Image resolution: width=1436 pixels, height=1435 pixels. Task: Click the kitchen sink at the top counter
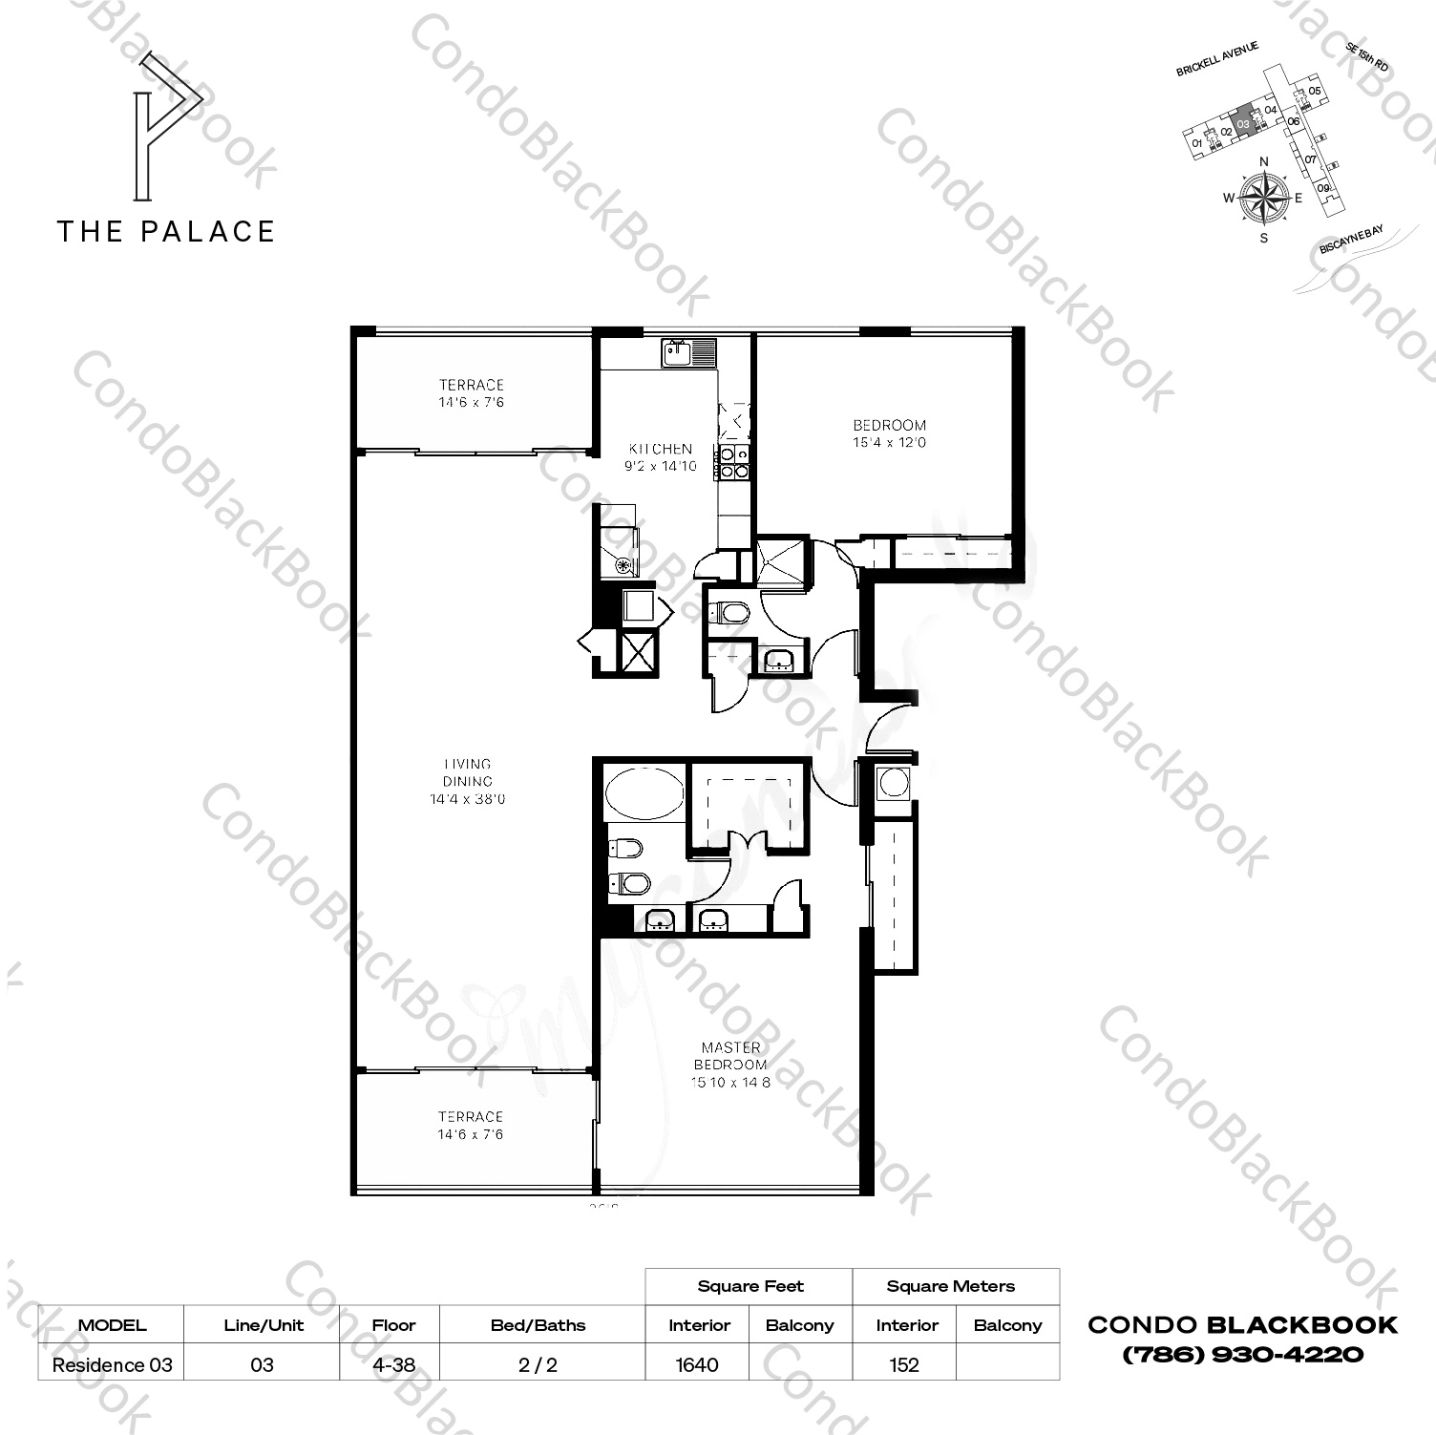point(687,352)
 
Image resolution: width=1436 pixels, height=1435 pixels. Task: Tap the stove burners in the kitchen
point(733,462)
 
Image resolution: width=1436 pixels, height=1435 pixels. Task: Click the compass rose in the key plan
point(1263,199)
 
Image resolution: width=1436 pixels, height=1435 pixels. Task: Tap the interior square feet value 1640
point(697,1364)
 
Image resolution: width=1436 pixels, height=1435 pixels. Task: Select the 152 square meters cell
point(903,1364)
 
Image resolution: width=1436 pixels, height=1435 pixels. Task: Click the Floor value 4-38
point(393,1364)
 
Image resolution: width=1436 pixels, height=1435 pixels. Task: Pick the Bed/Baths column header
point(538,1325)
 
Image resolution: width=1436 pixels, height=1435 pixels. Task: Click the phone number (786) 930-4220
point(1242,1354)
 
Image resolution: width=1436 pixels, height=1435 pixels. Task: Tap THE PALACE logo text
point(166,231)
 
